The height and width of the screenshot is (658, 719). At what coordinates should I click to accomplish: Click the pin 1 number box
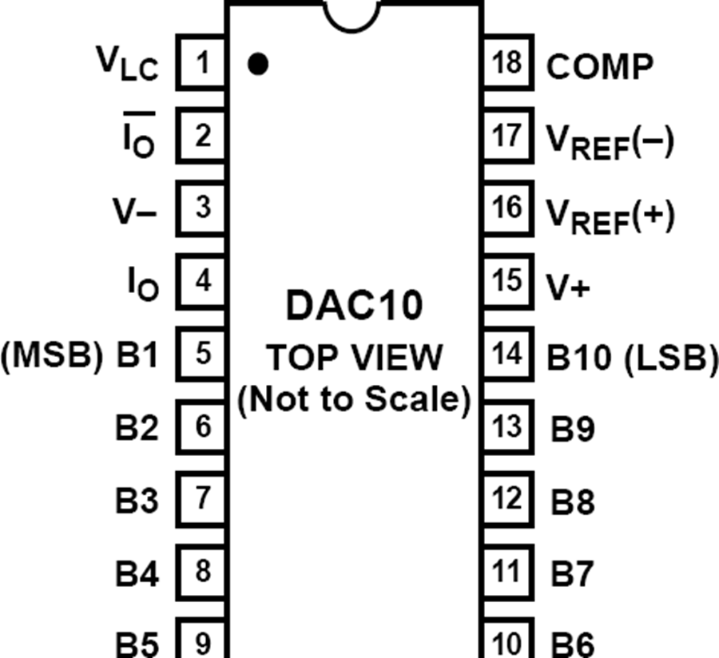pos(202,62)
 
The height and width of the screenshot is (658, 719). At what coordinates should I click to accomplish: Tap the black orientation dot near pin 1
pos(257,64)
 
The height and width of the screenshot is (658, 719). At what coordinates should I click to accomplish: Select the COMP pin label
pos(599,66)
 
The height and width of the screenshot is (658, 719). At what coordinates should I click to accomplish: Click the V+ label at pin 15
pos(568,287)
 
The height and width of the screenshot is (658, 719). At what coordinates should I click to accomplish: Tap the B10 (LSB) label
pos(631,359)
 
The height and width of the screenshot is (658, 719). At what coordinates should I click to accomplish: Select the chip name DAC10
pos(354,306)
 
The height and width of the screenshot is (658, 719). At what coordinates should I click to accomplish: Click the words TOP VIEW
pos(354,358)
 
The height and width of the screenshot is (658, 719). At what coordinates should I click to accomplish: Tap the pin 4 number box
pos(202,281)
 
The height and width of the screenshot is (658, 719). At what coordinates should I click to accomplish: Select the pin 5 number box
pos(202,354)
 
